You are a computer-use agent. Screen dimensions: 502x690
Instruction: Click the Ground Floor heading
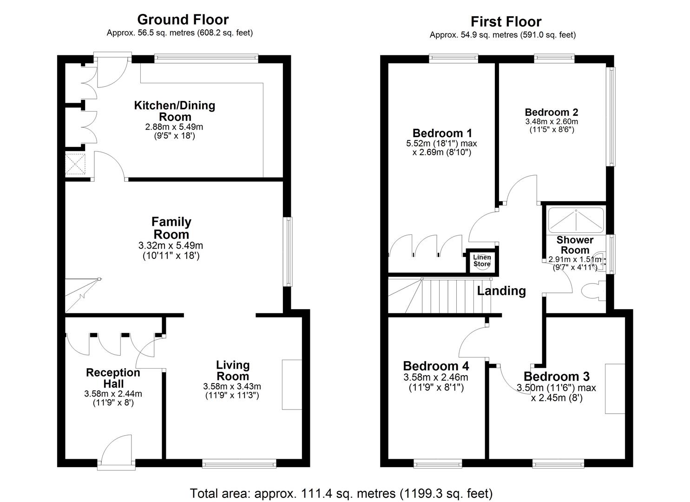pyautogui.click(x=183, y=20)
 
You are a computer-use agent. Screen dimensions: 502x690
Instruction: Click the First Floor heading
pyautogui.click(x=506, y=21)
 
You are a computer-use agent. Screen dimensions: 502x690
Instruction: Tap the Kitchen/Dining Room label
pyautogui.click(x=175, y=111)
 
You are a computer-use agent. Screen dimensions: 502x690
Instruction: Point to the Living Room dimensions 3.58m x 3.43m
pyautogui.click(x=232, y=386)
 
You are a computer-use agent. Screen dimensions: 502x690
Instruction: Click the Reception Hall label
pyautogui.click(x=113, y=378)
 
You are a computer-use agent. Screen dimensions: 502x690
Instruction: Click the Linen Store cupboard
pyautogui.click(x=482, y=261)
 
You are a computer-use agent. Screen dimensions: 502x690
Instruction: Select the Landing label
pyautogui.click(x=501, y=291)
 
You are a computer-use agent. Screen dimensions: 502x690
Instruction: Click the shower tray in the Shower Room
pyautogui.click(x=576, y=220)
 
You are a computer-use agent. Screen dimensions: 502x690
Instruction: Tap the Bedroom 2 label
pyautogui.click(x=551, y=112)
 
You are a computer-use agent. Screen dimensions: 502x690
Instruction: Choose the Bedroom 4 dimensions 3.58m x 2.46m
pyautogui.click(x=435, y=377)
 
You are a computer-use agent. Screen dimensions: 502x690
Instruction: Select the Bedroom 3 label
pyautogui.click(x=556, y=376)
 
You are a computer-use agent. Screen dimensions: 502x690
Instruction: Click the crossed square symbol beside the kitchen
pyautogui.click(x=75, y=164)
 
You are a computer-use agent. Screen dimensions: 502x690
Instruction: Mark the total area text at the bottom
pyautogui.click(x=341, y=493)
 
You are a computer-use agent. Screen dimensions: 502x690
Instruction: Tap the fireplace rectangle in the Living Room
pyautogui.click(x=292, y=384)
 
